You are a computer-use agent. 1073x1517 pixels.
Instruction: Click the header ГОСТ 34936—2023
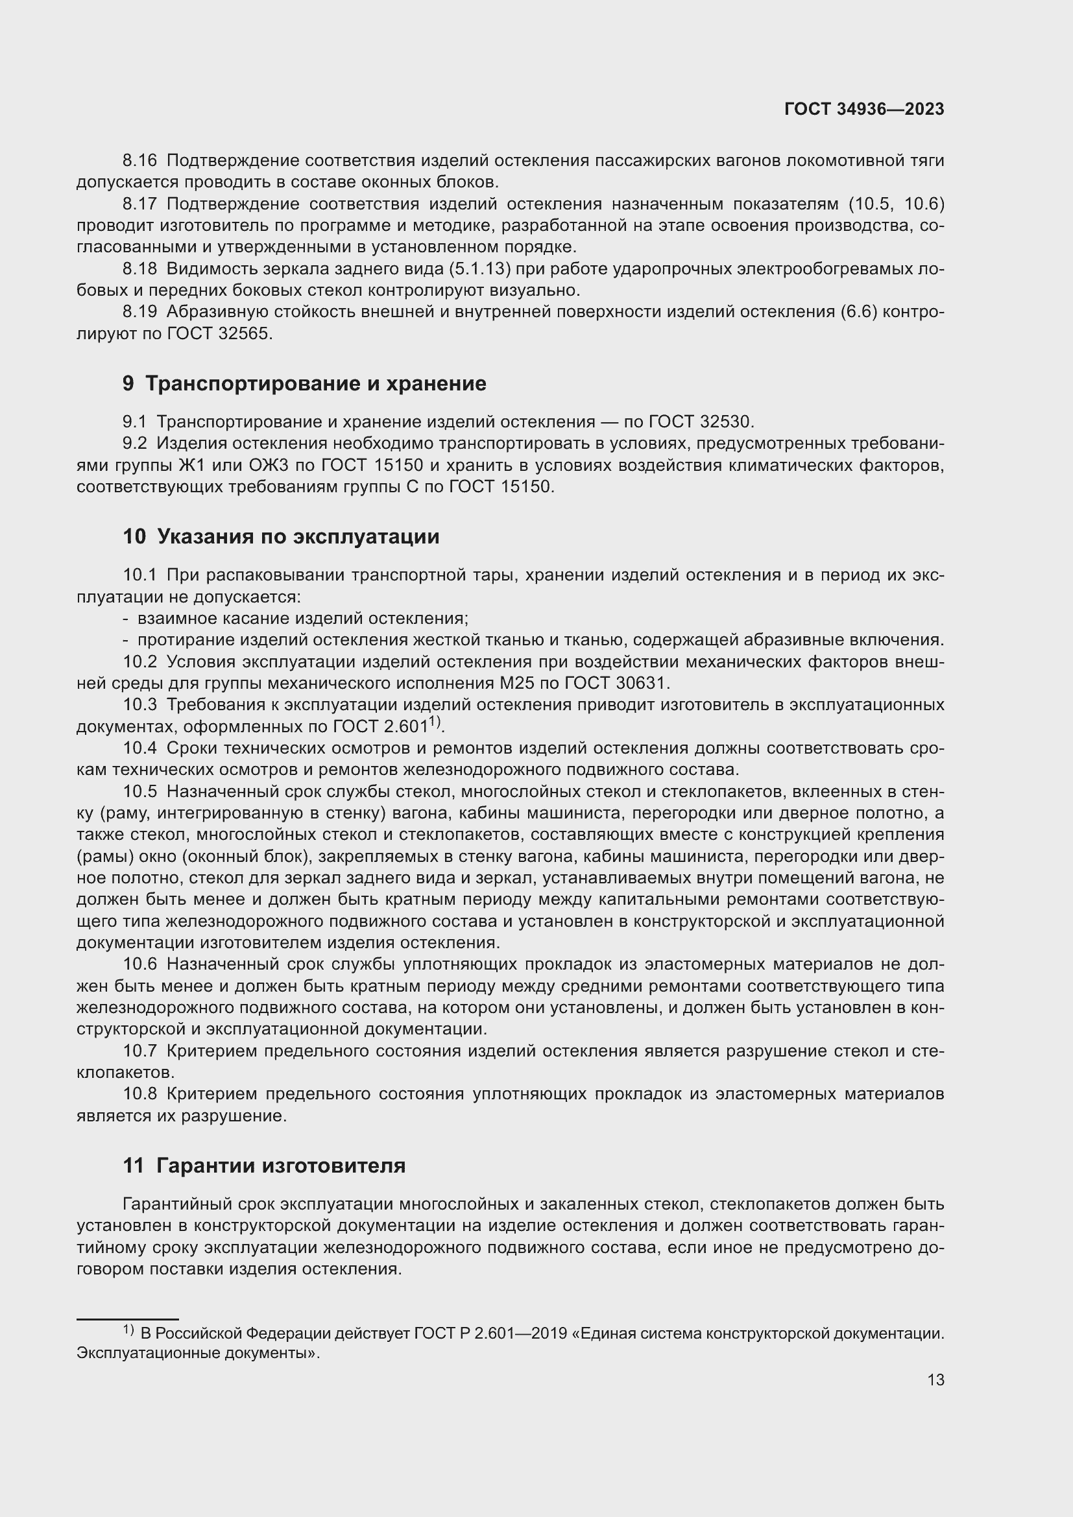[863, 110]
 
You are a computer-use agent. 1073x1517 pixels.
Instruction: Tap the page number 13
[935, 1380]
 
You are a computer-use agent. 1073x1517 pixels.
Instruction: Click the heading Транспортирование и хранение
[315, 384]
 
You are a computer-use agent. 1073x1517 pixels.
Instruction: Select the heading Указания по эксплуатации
[298, 536]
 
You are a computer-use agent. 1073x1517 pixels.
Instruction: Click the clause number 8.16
[139, 161]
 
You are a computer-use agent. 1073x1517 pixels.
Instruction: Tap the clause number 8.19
[139, 312]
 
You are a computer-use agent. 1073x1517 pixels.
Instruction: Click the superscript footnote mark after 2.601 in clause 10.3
[435, 721]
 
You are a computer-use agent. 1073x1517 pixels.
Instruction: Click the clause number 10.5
[139, 791]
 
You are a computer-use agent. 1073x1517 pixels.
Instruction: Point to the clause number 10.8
[139, 1094]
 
